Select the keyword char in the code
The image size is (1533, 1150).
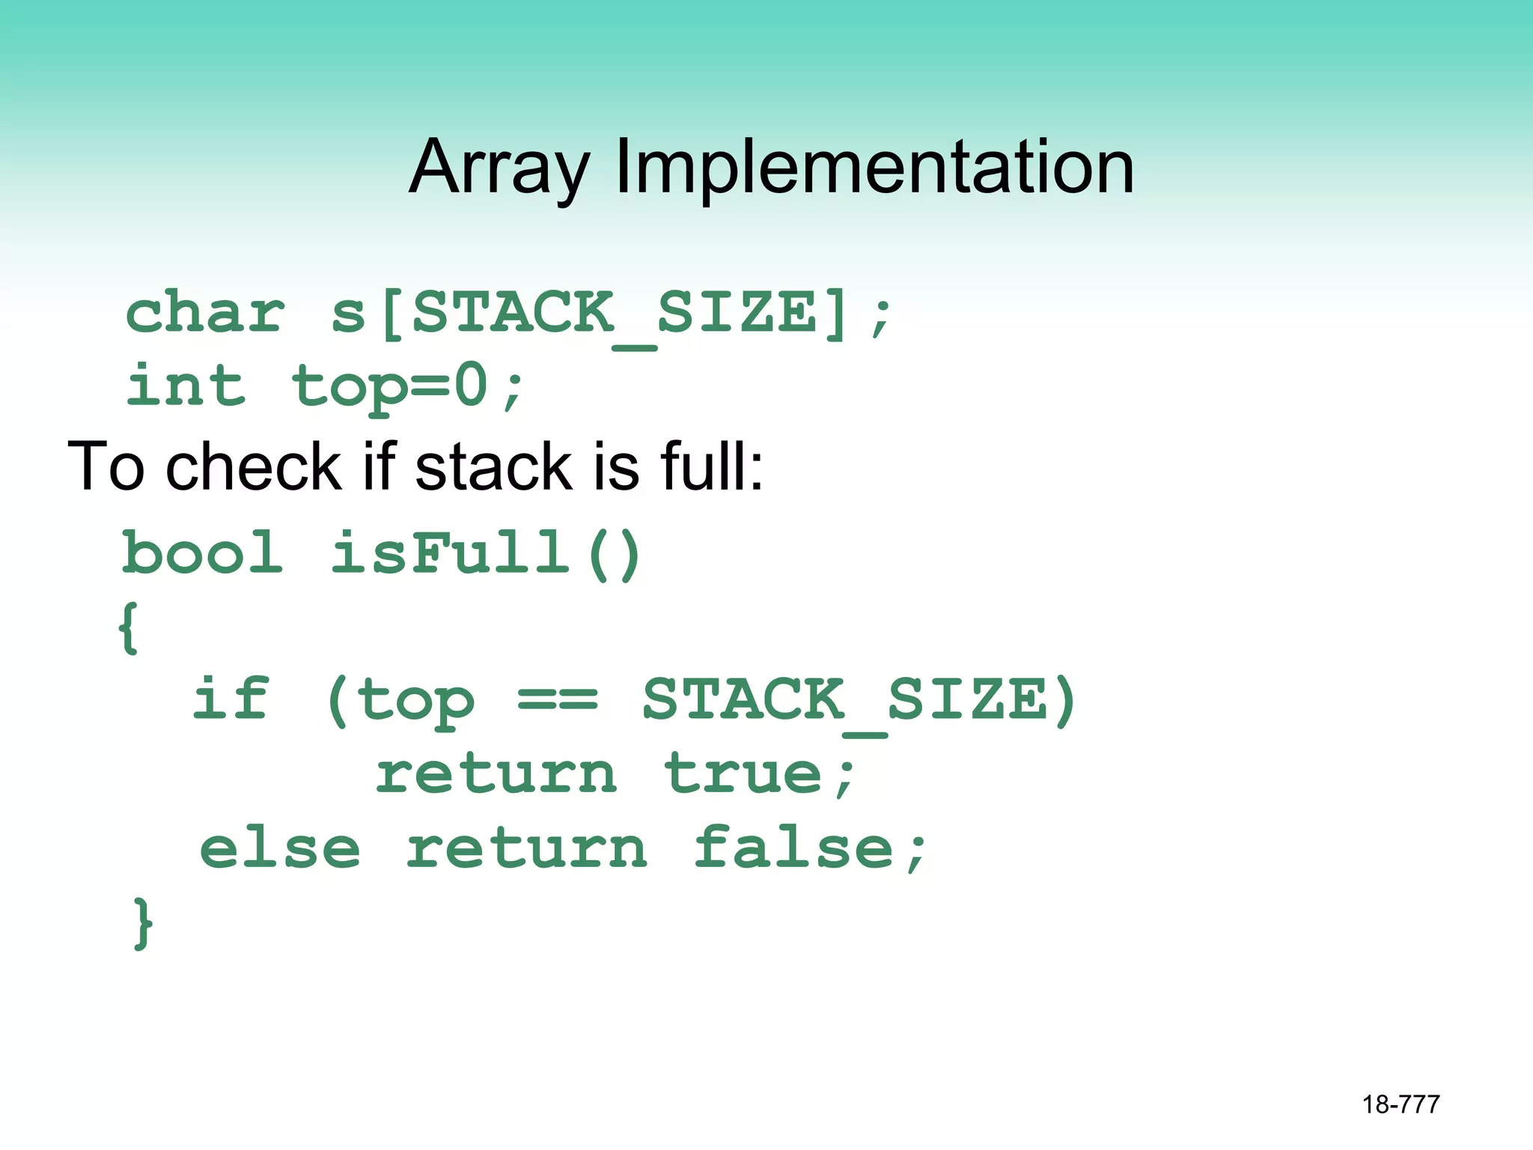pyautogui.click(x=205, y=313)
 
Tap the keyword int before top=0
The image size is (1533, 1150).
pyautogui.click(x=186, y=386)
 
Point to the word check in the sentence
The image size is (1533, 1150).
pyautogui.click(x=255, y=466)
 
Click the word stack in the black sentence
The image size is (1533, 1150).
pyautogui.click(x=493, y=466)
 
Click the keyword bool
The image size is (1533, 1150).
pyautogui.click(x=203, y=553)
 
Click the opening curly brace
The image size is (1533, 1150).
pyautogui.click(x=128, y=627)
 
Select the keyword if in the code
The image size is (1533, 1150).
pyautogui.click(x=231, y=699)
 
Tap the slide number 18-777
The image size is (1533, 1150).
pyautogui.click(x=1401, y=1104)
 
